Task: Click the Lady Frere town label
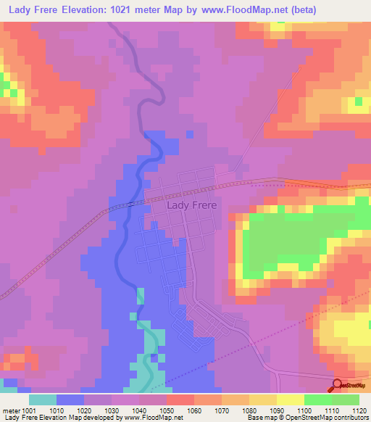[191, 205]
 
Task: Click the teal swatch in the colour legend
[42, 400]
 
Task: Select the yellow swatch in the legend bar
[290, 400]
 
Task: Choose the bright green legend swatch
[317, 400]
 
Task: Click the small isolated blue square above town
[190, 134]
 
